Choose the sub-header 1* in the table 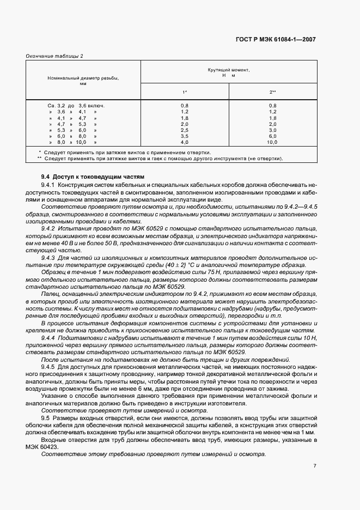point(184,92)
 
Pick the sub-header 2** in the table point(272,92)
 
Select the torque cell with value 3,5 point(184,137)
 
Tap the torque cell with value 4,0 point(184,143)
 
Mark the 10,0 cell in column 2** point(272,143)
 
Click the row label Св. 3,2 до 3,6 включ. point(76,105)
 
